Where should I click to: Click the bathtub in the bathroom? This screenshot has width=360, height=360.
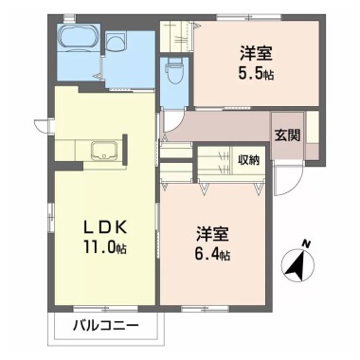pyautogui.click(x=78, y=41)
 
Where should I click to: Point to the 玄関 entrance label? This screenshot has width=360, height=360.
pyautogui.click(x=287, y=135)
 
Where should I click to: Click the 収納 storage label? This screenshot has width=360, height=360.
pyautogui.click(x=249, y=158)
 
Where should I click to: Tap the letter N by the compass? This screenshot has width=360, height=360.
pyautogui.click(x=305, y=244)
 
